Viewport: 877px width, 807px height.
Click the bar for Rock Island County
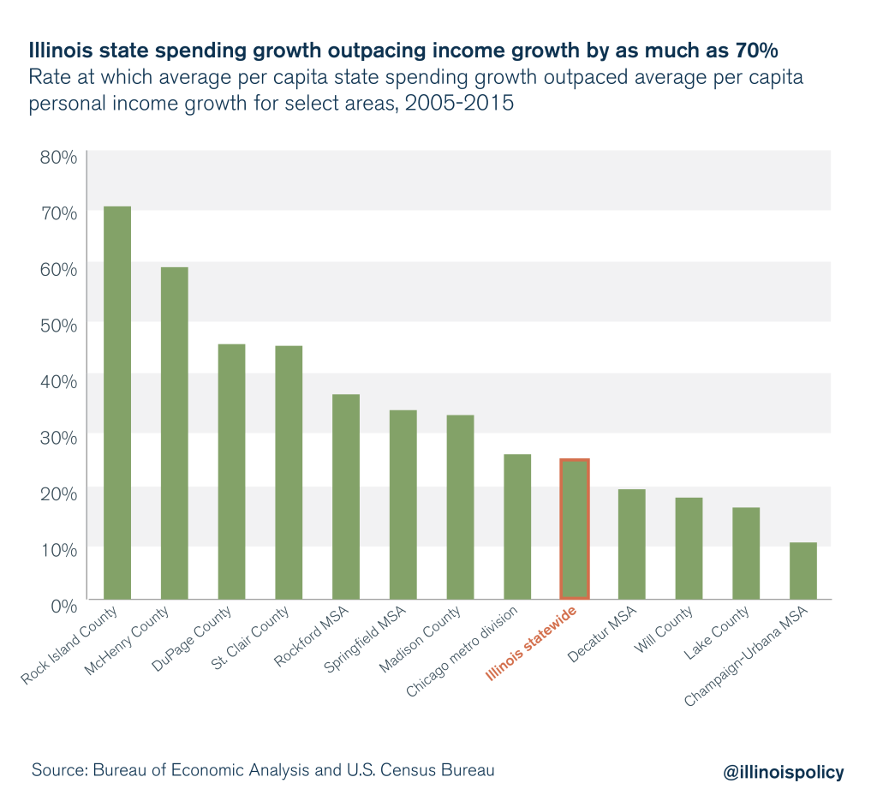[116, 403]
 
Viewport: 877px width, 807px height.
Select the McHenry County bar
[174, 433]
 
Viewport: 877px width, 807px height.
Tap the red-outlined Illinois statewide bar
[574, 529]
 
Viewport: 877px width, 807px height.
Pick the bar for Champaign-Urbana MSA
[802, 571]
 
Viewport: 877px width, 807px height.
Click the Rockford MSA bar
[345, 496]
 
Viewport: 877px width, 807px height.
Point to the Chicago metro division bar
[516, 526]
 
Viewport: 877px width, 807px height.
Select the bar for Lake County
[745, 553]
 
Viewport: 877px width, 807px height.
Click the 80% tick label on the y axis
[58, 158]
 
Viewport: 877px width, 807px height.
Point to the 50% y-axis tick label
[58, 325]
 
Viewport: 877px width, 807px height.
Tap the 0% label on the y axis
[63, 605]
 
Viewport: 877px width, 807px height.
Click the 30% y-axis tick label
[58, 437]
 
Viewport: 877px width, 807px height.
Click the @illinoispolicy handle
[784, 772]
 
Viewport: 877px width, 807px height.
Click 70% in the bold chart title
[752, 47]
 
